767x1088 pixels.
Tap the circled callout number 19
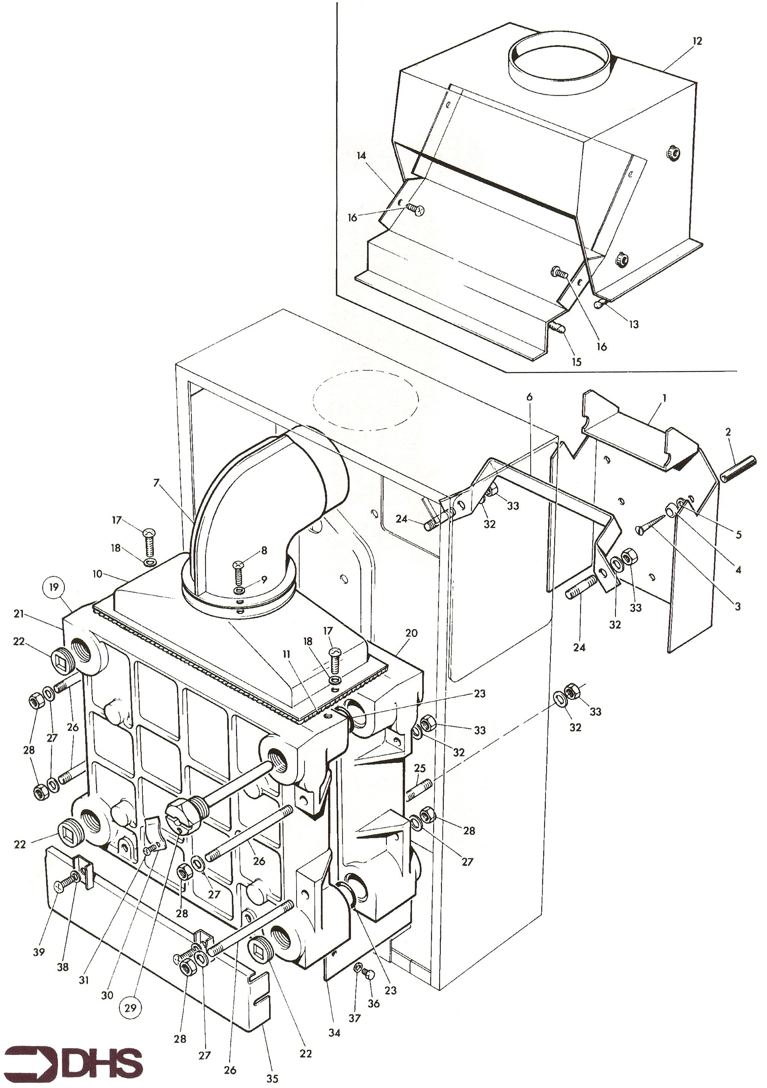tap(54, 588)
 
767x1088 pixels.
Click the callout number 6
tap(529, 397)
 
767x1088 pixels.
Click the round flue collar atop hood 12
tap(559, 62)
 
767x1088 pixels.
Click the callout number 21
tap(19, 614)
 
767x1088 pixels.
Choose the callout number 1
tap(664, 399)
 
